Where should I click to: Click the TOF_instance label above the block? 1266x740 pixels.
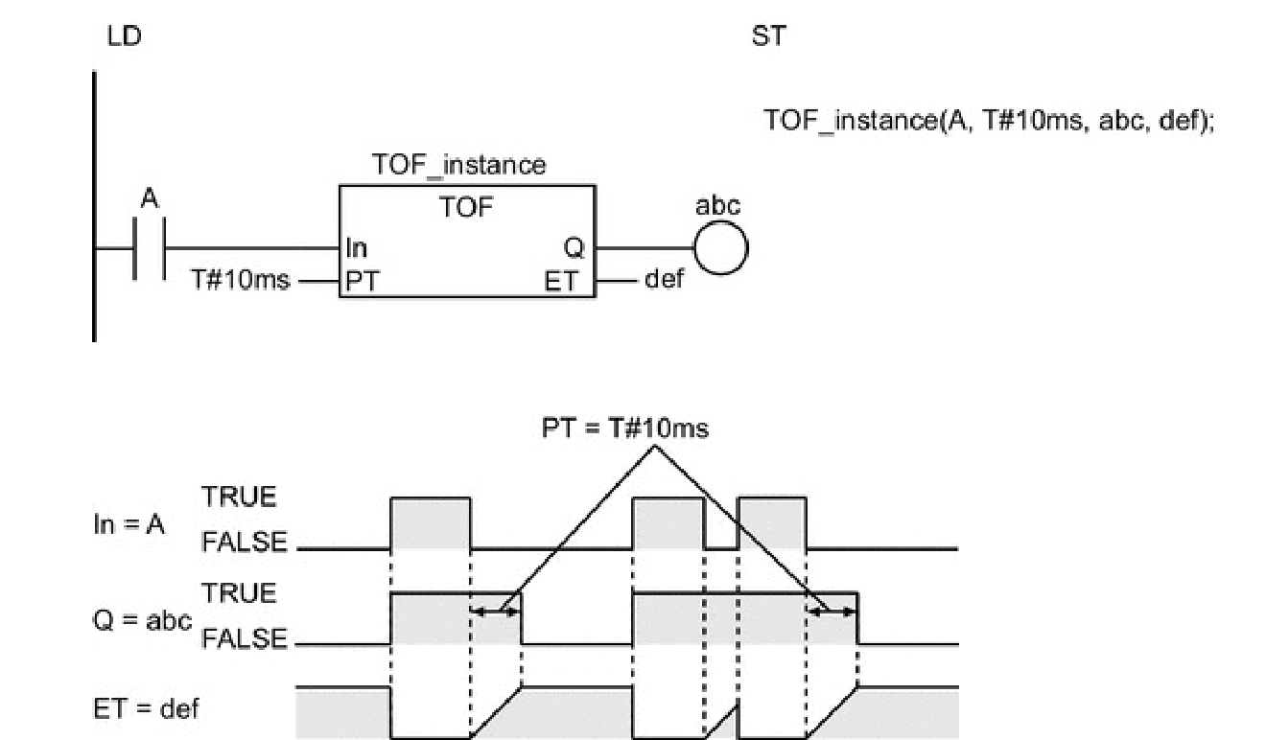click(x=458, y=165)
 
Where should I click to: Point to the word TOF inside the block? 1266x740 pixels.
click(x=465, y=208)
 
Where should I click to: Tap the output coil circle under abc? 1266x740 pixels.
click(x=719, y=250)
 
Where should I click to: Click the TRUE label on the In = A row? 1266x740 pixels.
click(x=239, y=497)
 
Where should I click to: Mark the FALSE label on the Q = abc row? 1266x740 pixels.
click(x=244, y=638)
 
